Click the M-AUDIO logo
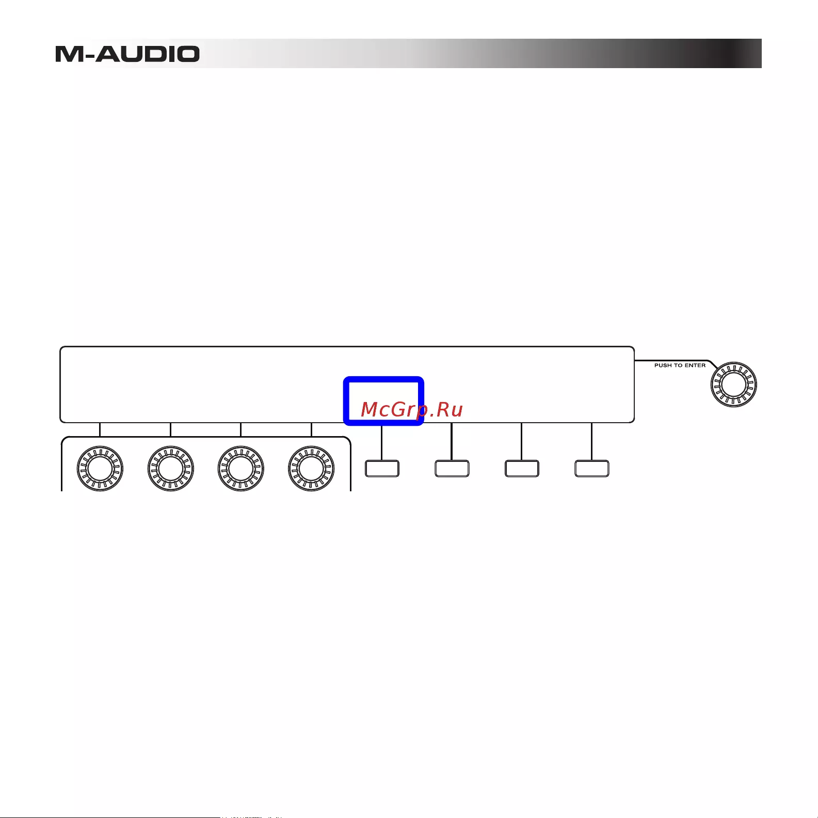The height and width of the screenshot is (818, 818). tap(127, 54)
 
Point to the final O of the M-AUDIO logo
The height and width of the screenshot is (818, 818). tap(185, 54)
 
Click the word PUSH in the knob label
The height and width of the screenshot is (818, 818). tap(663, 365)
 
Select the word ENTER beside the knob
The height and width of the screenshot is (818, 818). tap(695, 365)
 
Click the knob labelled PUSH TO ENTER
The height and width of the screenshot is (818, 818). tap(733, 384)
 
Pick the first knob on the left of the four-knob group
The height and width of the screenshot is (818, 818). tap(100, 469)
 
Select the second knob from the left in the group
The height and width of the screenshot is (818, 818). tap(171, 469)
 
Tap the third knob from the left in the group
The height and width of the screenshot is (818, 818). tap(241, 469)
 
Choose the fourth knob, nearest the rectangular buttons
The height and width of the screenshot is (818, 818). tap(311, 469)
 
